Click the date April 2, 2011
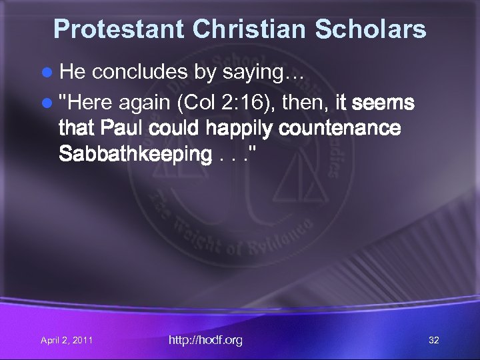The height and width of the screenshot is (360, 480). tap(67, 341)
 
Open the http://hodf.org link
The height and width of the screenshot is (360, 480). tap(205, 340)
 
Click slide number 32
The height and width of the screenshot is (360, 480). tap(434, 341)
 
